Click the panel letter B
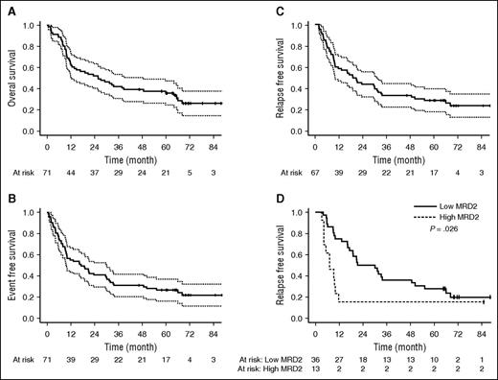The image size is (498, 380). point(9,202)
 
